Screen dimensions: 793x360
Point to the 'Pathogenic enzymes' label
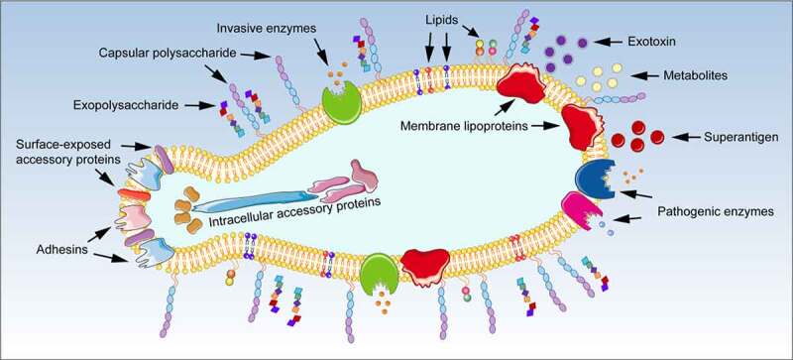click(716, 211)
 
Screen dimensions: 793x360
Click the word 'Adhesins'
click(59, 249)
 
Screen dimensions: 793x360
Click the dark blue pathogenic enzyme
click(595, 179)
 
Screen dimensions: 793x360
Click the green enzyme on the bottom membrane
click(380, 275)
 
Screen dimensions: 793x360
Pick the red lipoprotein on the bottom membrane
click(425, 267)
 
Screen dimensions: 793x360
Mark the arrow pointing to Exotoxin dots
click(609, 43)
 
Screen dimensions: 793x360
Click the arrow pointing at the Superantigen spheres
click(685, 137)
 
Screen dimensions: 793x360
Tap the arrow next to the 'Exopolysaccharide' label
click(200, 106)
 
